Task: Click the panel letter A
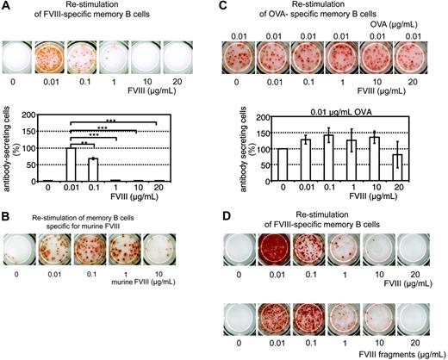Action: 8,8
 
